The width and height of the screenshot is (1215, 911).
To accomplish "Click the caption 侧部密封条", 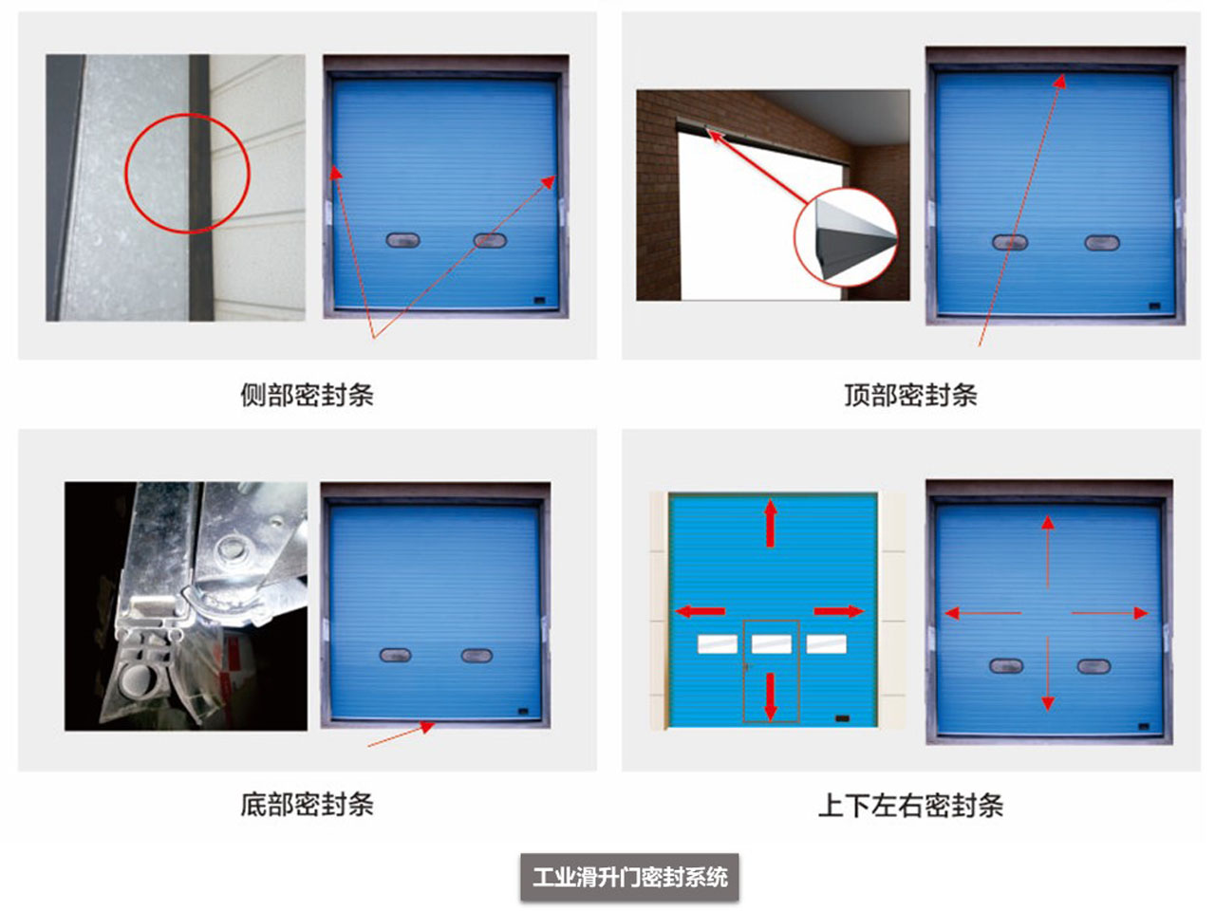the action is pyautogui.click(x=307, y=395).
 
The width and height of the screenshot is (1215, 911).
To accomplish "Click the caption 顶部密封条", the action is pyautogui.click(x=910, y=395).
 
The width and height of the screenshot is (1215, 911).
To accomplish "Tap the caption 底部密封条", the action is pyautogui.click(x=307, y=805).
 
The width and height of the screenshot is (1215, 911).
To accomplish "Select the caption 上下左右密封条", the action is pyautogui.click(x=910, y=806).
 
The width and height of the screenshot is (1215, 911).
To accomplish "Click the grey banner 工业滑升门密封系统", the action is pyautogui.click(x=629, y=877).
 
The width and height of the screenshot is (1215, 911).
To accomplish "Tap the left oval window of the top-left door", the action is pyautogui.click(x=403, y=240).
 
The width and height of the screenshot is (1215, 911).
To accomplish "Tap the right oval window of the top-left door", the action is pyautogui.click(x=490, y=240).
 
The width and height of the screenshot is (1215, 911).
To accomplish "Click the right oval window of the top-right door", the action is pyautogui.click(x=1102, y=242).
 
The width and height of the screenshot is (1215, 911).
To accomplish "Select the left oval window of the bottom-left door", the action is pyautogui.click(x=395, y=656).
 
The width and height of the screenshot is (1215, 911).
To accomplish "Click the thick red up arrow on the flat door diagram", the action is pyautogui.click(x=771, y=523).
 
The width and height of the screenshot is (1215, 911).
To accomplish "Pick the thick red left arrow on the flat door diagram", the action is pyautogui.click(x=701, y=611).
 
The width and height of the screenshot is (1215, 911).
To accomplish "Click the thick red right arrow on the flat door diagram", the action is pyautogui.click(x=838, y=611).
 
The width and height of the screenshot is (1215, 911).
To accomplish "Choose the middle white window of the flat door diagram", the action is pyautogui.click(x=771, y=644).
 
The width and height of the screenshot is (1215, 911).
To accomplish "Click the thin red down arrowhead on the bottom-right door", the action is pyautogui.click(x=1048, y=703).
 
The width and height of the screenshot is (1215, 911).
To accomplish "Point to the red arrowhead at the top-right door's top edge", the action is pyautogui.click(x=1060, y=82).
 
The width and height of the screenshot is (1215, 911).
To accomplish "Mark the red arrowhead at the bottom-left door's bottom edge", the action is pyautogui.click(x=427, y=727).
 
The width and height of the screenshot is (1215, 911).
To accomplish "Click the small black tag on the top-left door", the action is pyautogui.click(x=539, y=301).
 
